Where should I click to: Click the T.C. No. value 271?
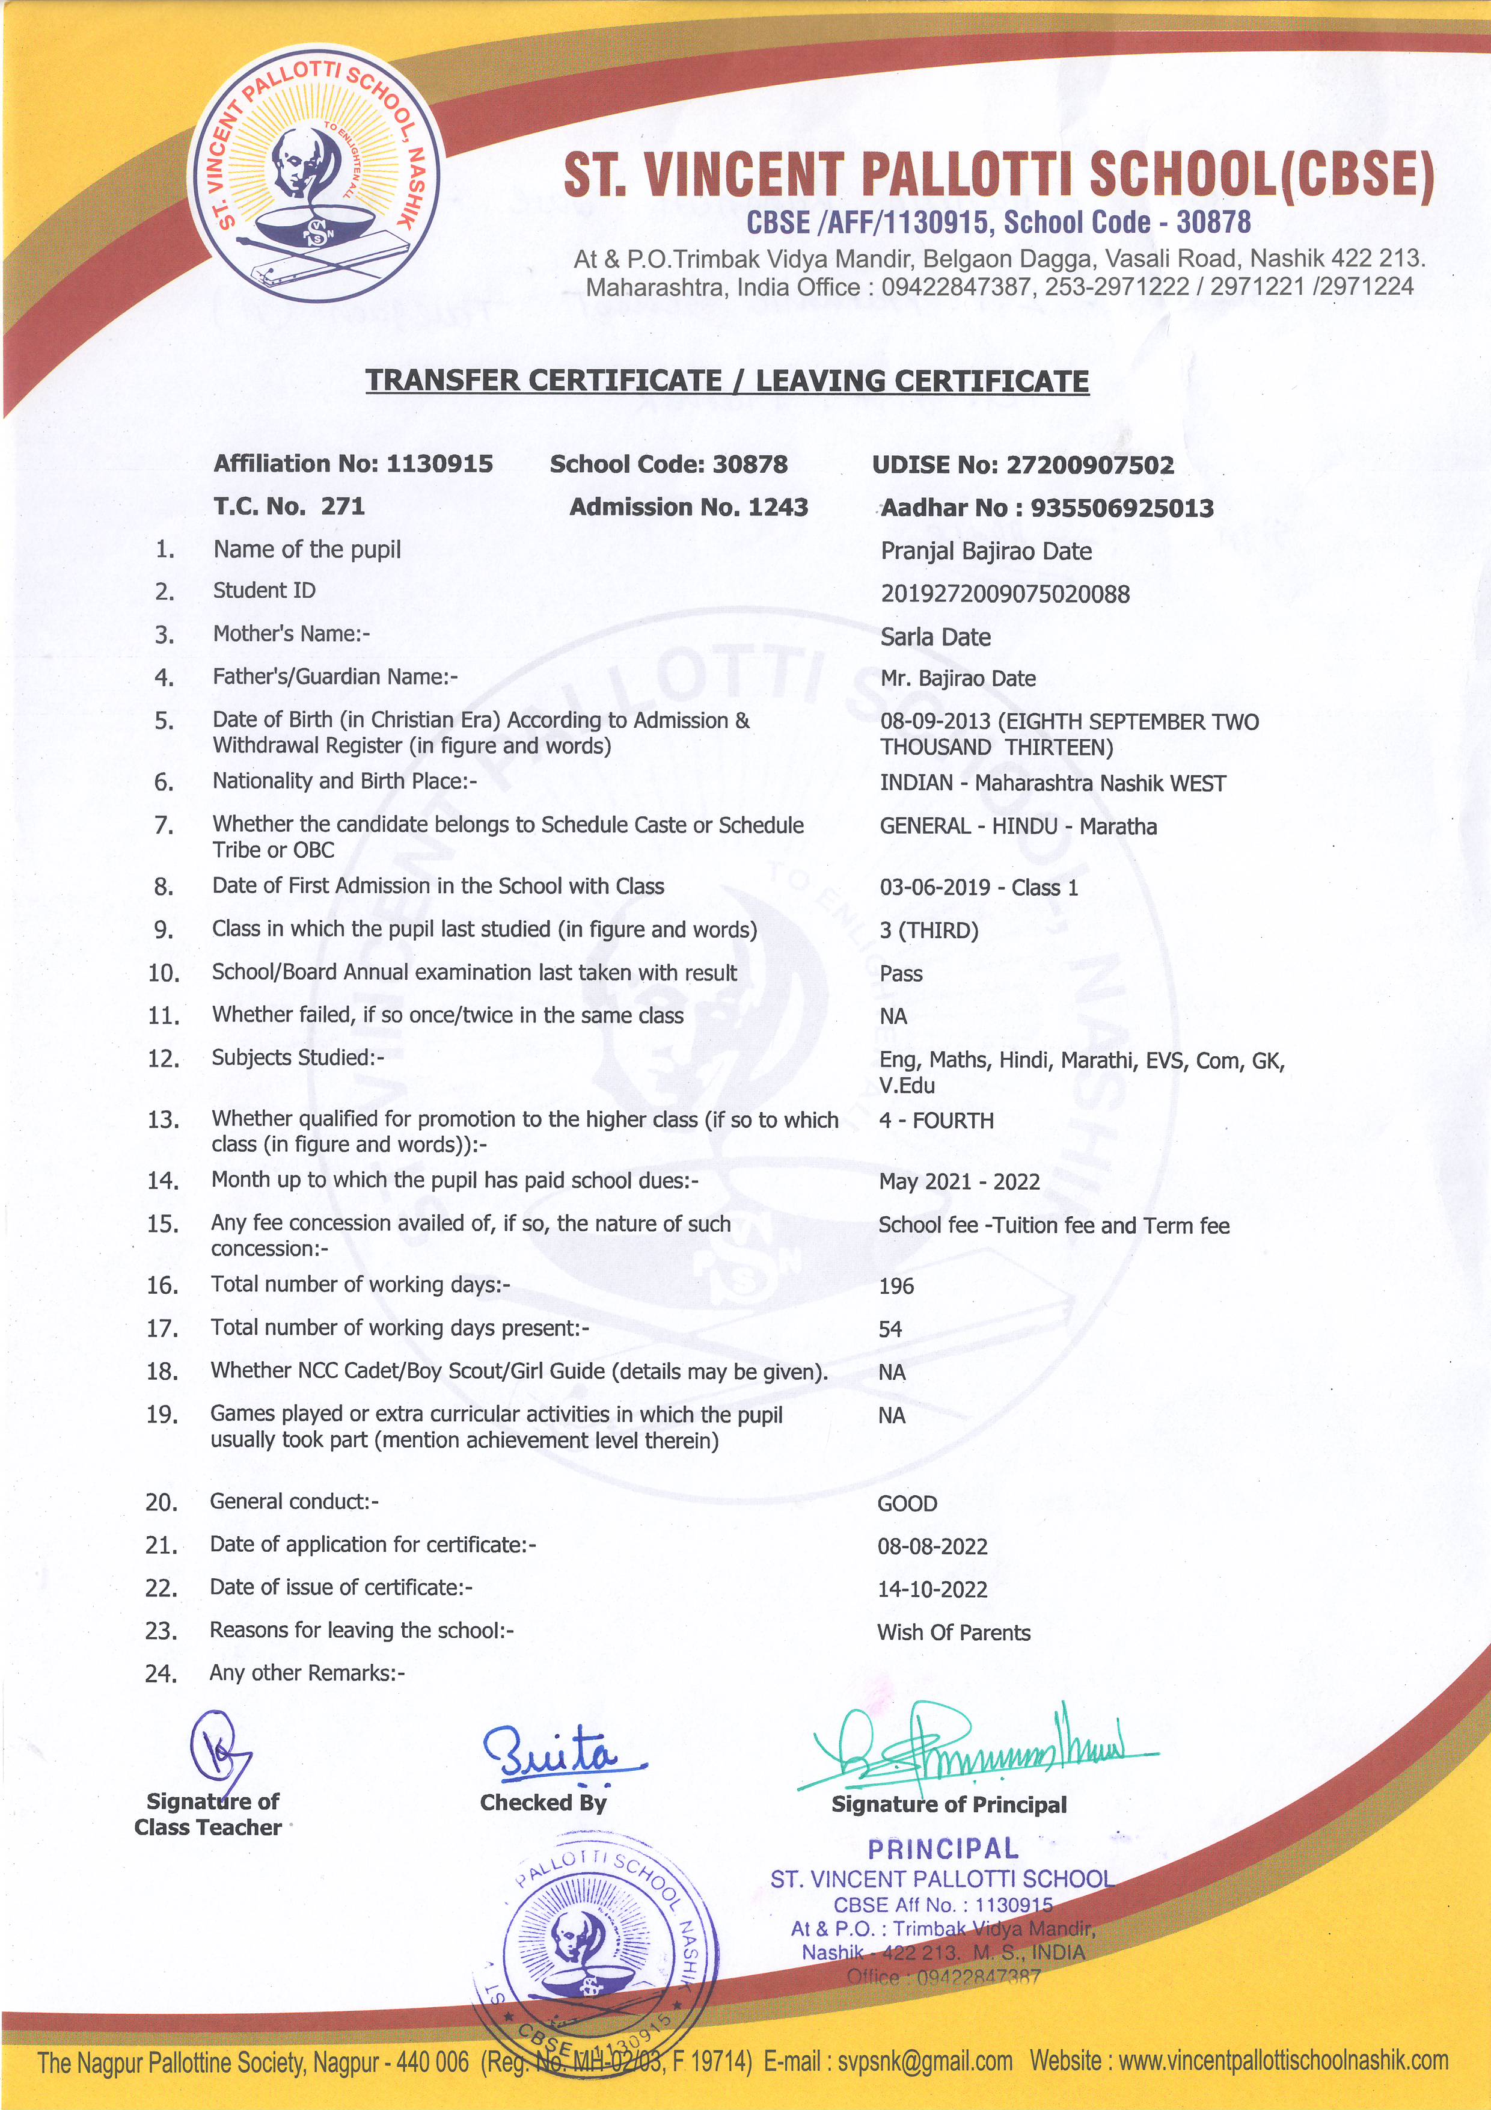coord(343,506)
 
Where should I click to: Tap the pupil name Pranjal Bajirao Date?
coord(986,552)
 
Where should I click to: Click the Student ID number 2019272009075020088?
coord(1005,594)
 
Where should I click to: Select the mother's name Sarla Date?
coord(935,637)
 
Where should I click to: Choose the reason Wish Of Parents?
coord(953,1633)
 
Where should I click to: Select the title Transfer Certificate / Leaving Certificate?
coord(727,381)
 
